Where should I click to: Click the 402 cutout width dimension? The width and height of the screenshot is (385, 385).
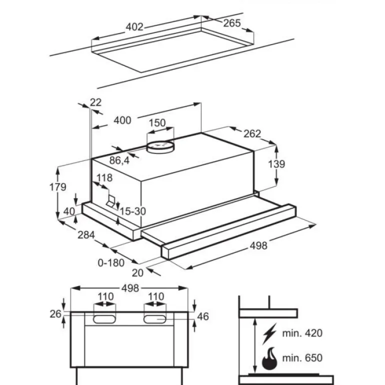coord(134,27)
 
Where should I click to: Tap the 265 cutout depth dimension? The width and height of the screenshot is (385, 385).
coord(232,23)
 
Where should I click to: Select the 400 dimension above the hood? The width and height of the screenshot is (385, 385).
coord(122,120)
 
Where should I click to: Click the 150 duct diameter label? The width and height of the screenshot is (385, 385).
coord(157,123)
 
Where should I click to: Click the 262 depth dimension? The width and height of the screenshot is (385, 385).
coord(252,133)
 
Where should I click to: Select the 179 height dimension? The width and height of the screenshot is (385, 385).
coord(58,187)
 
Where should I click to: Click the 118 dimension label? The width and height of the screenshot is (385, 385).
coord(104,178)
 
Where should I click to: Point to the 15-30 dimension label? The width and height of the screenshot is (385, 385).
coord(132,211)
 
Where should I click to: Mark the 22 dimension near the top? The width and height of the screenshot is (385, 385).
coord(95,102)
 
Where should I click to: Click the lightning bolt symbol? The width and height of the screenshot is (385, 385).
coord(271,332)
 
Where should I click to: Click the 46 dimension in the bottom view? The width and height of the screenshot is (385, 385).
coord(202,316)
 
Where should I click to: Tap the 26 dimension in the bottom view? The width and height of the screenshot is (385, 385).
coord(55,313)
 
